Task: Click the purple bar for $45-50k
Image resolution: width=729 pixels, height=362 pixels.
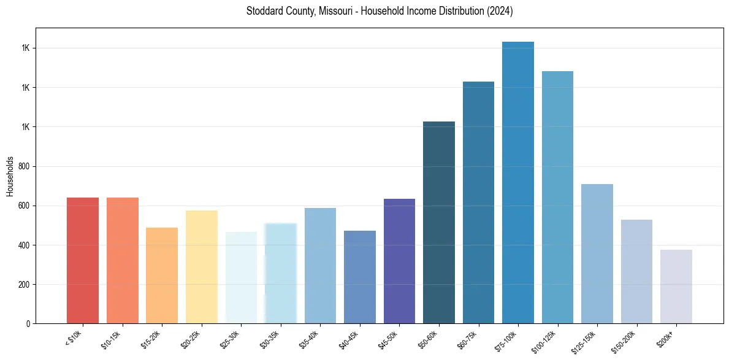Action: (399, 261)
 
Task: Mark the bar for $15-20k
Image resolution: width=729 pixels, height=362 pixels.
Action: (162, 275)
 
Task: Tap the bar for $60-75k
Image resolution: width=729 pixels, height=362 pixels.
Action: (478, 202)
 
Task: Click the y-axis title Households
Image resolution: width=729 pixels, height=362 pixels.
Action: (10, 176)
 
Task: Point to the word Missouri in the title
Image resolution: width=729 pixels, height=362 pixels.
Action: (334, 11)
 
